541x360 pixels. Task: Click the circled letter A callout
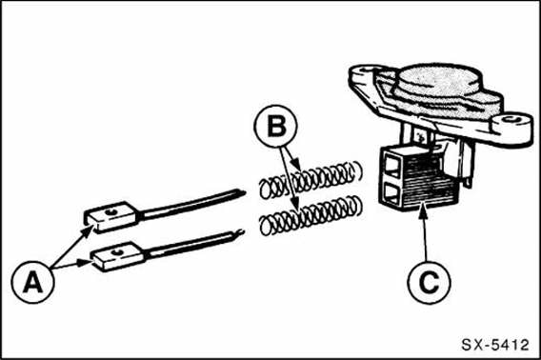32,282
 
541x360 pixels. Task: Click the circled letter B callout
276,127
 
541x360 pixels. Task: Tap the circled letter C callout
429,282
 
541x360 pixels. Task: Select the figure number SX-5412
495,345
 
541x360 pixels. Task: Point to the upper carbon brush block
112,216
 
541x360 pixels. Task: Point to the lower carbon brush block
117,257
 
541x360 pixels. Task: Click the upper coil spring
311,179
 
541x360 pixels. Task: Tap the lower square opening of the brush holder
391,194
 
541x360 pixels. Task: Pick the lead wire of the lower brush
195,244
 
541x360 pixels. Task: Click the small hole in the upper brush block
111,212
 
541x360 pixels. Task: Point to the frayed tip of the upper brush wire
242,192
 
